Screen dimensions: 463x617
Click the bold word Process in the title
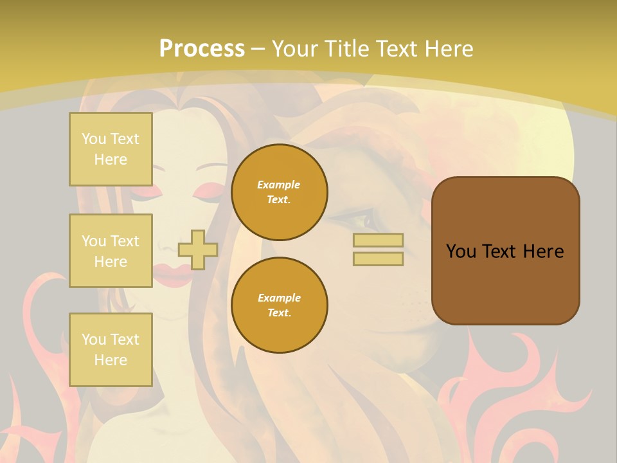[x=202, y=49]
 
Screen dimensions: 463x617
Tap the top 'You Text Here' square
[x=111, y=149]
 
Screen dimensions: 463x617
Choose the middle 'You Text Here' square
[x=111, y=251]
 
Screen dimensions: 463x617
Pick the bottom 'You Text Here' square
[x=111, y=350]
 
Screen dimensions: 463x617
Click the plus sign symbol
[x=197, y=250]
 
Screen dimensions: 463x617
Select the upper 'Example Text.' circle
[x=280, y=192]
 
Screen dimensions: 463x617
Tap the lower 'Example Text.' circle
[x=280, y=305]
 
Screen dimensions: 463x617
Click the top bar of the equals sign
[x=379, y=241]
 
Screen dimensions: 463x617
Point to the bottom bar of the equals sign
[x=379, y=259]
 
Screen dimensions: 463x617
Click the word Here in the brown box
[x=543, y=251]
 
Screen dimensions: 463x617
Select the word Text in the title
[x=397, y=49]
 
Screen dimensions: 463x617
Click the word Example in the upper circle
[x=278, y=185]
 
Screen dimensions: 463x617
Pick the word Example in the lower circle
[x=279, y=298]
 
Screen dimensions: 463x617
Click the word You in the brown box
[x=461, y=251]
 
